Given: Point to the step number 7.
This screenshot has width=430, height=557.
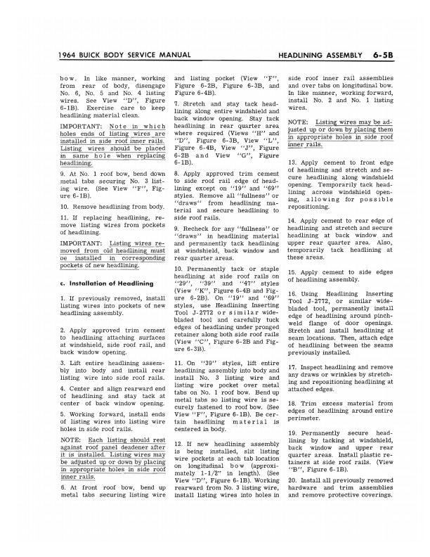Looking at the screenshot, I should point(176,103).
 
